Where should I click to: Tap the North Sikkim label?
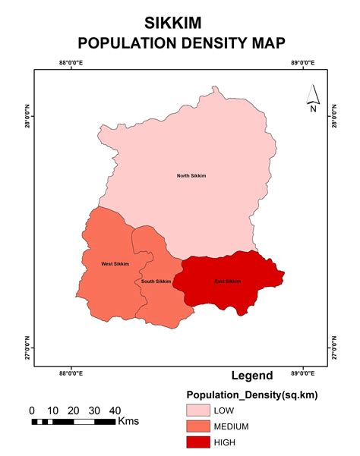pyautogui.click(x=191, y=176)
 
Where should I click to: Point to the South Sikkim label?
pyautogui.click(x=156, y=281)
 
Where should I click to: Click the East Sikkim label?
pyautogui.click(x=227, y=281)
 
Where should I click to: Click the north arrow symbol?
pyautogui.click(x=312, y=94)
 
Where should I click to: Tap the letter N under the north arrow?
pyautogui.click(x=312, y=109)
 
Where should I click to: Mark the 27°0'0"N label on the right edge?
pyautogui.click(x=335, y=348)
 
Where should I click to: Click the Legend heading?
pyautogui.click(x=252, y=376)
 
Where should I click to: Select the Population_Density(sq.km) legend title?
pyautogui.click(x=251, y=395)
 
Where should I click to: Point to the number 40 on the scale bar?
pyautogui.click(x=115, y=410)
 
